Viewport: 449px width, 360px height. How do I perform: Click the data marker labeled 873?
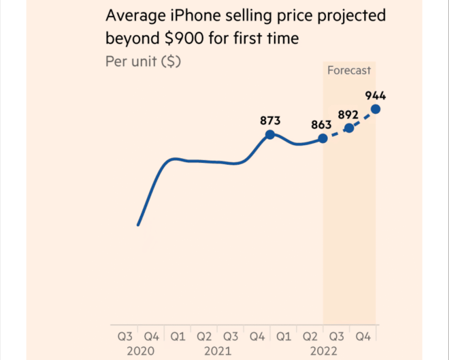269,135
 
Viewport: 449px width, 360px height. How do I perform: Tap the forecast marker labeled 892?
349,128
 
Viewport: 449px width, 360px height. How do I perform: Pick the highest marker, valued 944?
376,109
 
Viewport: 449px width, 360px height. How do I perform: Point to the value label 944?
375,96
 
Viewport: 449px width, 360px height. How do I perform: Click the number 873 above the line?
270,121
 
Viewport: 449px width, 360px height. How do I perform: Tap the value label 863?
321,124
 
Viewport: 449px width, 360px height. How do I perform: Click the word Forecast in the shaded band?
349,70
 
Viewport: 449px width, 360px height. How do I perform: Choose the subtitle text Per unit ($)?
143,61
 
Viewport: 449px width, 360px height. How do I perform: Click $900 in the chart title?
182,39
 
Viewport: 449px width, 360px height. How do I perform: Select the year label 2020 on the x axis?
140,351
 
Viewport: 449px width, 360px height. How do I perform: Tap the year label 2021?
218,351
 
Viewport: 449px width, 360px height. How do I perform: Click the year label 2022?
324,351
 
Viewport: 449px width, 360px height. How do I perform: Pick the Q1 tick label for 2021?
178,337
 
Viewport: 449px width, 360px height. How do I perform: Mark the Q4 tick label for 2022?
363,337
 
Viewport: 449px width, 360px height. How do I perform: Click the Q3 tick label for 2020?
125,337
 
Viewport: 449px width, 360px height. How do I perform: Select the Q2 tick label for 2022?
310,337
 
